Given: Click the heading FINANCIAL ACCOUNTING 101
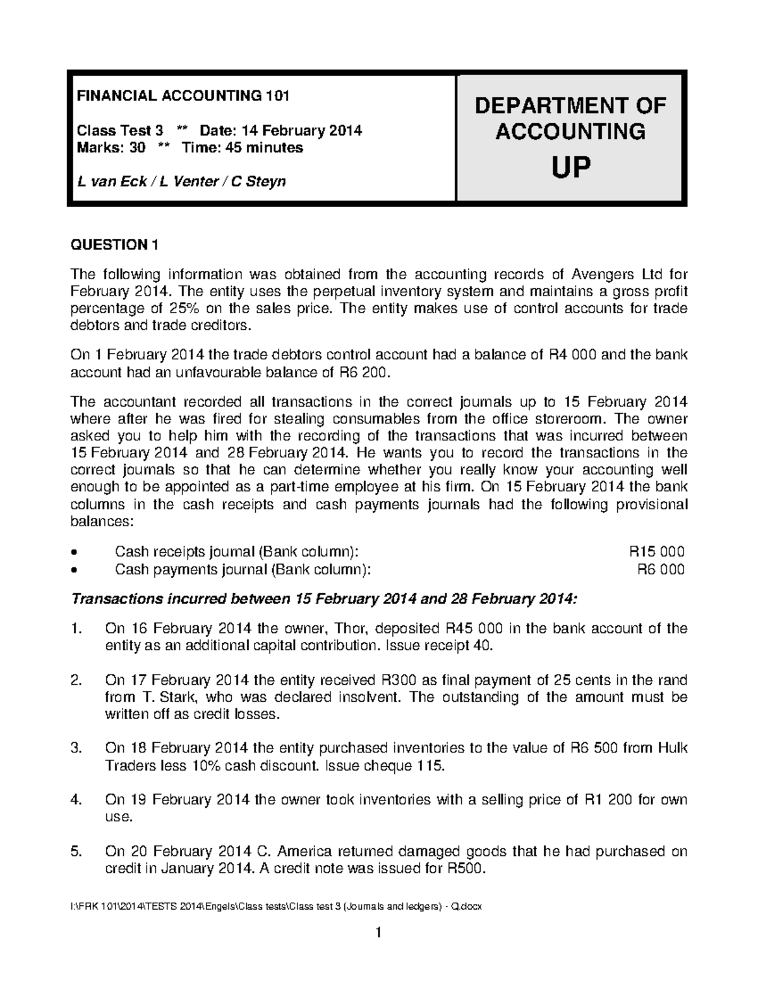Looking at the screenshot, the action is [x=183, y=96].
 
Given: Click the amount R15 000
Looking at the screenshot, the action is [x=657, y=551].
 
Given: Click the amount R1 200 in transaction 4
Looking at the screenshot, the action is [x=609, y=800].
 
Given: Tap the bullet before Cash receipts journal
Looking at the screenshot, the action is [x=76, y=552].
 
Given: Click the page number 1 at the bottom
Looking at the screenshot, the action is [x=378, y=932].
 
